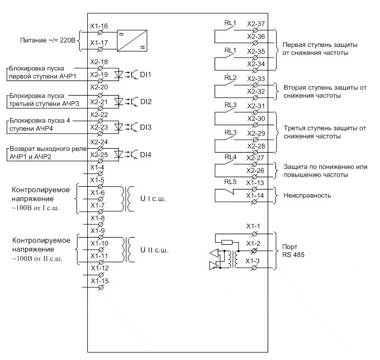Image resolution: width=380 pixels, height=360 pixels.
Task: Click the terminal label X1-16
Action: pyautogui.click(x=99, y=26)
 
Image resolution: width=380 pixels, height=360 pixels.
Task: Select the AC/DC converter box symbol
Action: pyautogui.click(x=131, y=41)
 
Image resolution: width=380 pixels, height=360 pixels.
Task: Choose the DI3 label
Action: pyautogui.click(x=145, y=127)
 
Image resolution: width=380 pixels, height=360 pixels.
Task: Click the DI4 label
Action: pyautogui.click(x=145, y=154)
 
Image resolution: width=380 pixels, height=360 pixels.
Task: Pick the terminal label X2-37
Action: pyautogui.click(x=256, y=24)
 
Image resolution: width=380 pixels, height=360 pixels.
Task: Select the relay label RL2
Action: pyautogui.click(x=230, y=77)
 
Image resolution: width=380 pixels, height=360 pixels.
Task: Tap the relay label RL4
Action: pyautogui.click(x=230, y=157)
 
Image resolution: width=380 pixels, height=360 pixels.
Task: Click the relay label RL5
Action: pyautogui.click(x=230, y=182)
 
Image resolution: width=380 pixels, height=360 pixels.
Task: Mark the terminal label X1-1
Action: pyautogui.click(x=254, y=225)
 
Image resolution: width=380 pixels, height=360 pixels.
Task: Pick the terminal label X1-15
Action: pyautogui.click(x=99, y=281)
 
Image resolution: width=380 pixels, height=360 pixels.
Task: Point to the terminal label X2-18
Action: pyautogui.click(x=99, y=61)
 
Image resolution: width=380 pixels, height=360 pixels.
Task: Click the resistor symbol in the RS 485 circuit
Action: pyautogui.click(x=226, y=242)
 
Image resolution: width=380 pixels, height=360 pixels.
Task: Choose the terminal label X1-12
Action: pyautogui.click(x=99, y=267)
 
